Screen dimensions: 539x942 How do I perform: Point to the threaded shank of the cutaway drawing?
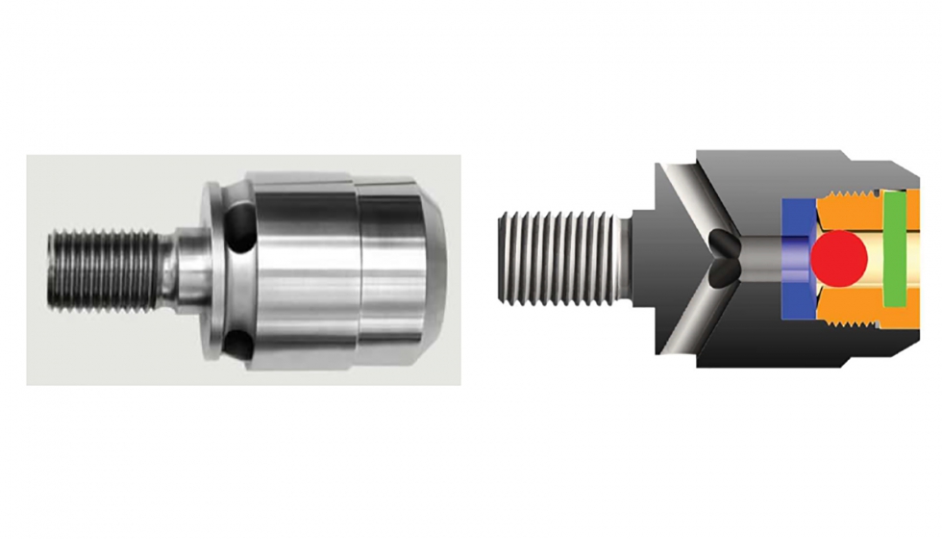click(x=556, y=259)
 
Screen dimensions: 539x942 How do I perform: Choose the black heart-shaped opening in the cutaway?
click(x=723, y=258)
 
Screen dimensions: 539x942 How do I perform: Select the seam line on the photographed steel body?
click(x=357, y=270)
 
